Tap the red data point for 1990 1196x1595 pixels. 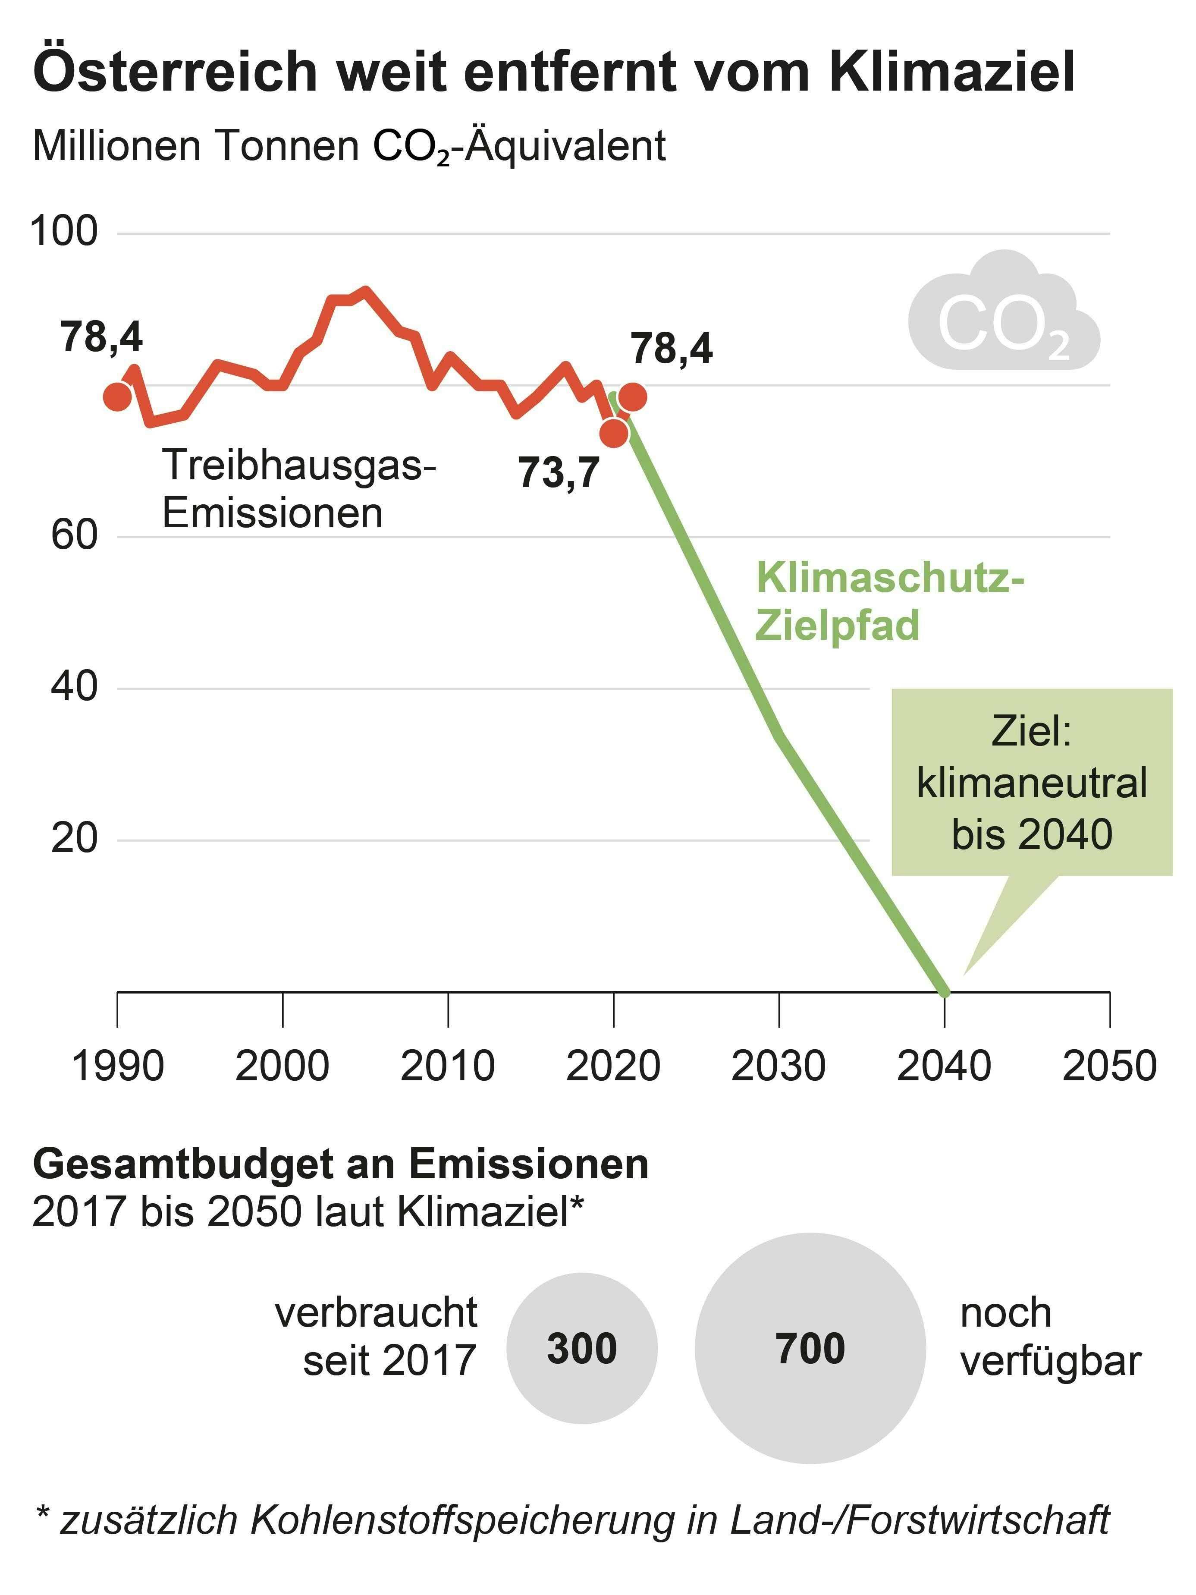point(117,396)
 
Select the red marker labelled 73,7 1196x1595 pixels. point(613,433)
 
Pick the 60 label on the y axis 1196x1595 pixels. point(73,536)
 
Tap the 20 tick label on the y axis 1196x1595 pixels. point(73,839)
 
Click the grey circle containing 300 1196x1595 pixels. point(582,1348)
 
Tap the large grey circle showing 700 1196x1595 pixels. point(810,1348)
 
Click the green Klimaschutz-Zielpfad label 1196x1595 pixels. point(889,601)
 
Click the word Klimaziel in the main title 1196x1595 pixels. point(951,72)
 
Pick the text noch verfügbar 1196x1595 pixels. point(1050,1336)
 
